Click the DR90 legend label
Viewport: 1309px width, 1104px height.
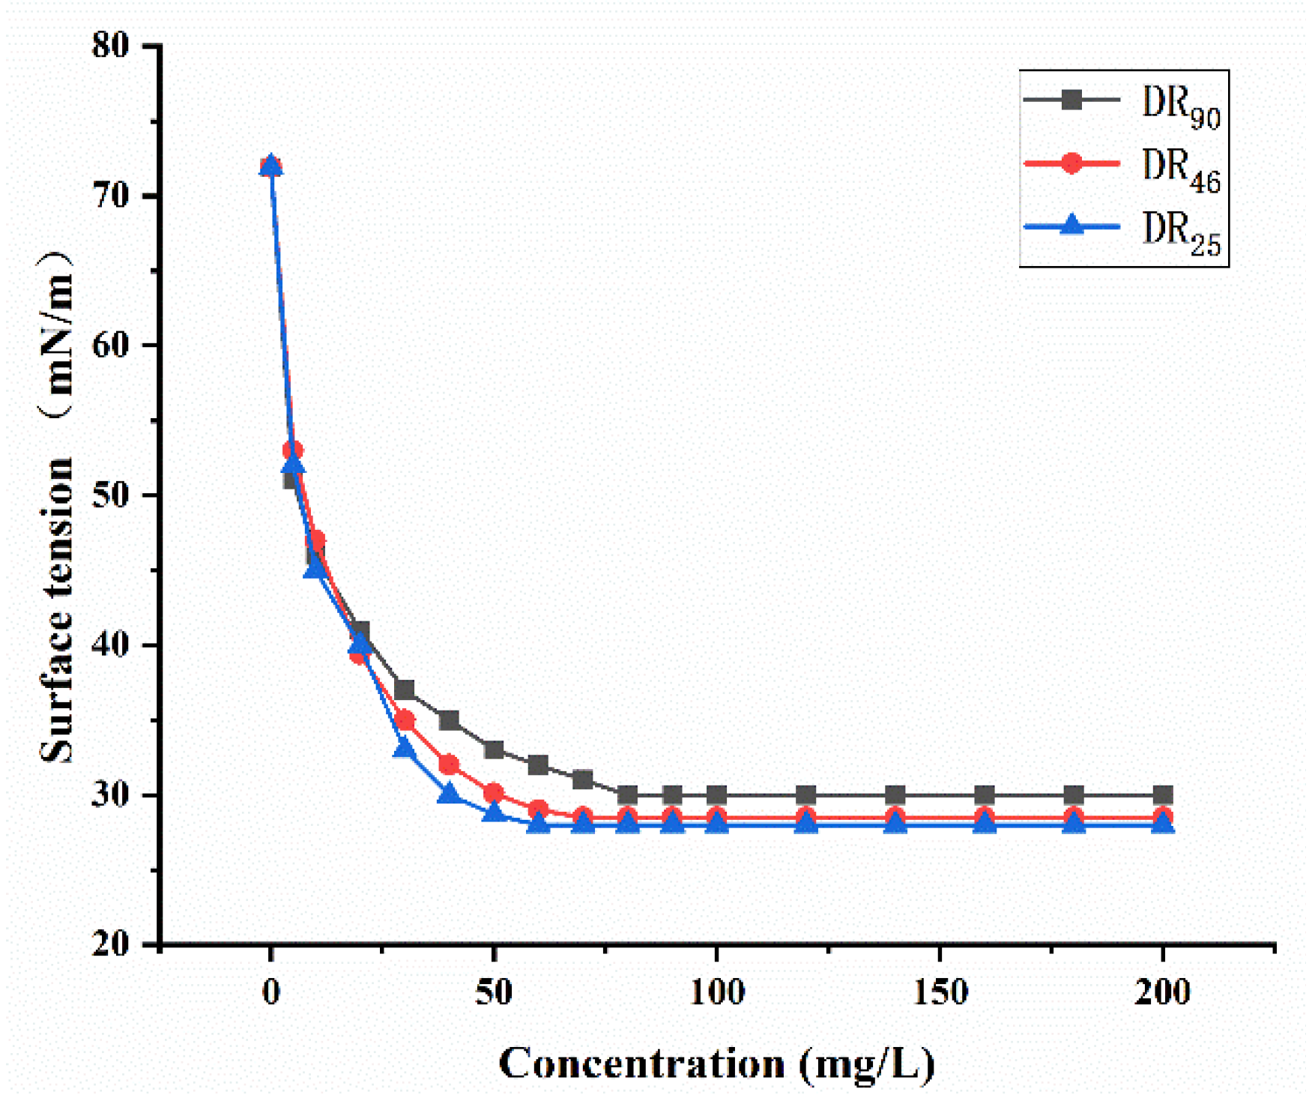[x=1179, y=106]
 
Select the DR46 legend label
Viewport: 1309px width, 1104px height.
[x=1179, y=170]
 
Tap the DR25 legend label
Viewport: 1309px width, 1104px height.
[x=1179, y=234]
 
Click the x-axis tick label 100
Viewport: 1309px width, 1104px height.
[x=716, y=992]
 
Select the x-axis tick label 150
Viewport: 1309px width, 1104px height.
[x=940, y=992]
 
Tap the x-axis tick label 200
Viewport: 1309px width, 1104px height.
[x=1162, y=992]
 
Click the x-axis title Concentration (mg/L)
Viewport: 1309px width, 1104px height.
[x=716, y=1063]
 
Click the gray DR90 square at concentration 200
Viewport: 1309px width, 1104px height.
[x=1163, y=795]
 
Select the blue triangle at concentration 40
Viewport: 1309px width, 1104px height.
[x=449, y=794]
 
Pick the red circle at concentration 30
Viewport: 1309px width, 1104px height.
[x=405, y=720]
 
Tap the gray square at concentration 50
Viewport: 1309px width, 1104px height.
[x=494, y=749]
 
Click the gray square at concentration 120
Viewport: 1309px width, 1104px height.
[x=805, y=795]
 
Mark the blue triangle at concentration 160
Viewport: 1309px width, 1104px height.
[x=985, y=823]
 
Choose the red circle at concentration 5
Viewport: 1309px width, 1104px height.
[x=293, y=450]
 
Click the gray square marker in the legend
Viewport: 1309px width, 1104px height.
[x=1072, y=99]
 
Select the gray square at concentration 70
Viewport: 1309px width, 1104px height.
[x=583, y=779]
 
